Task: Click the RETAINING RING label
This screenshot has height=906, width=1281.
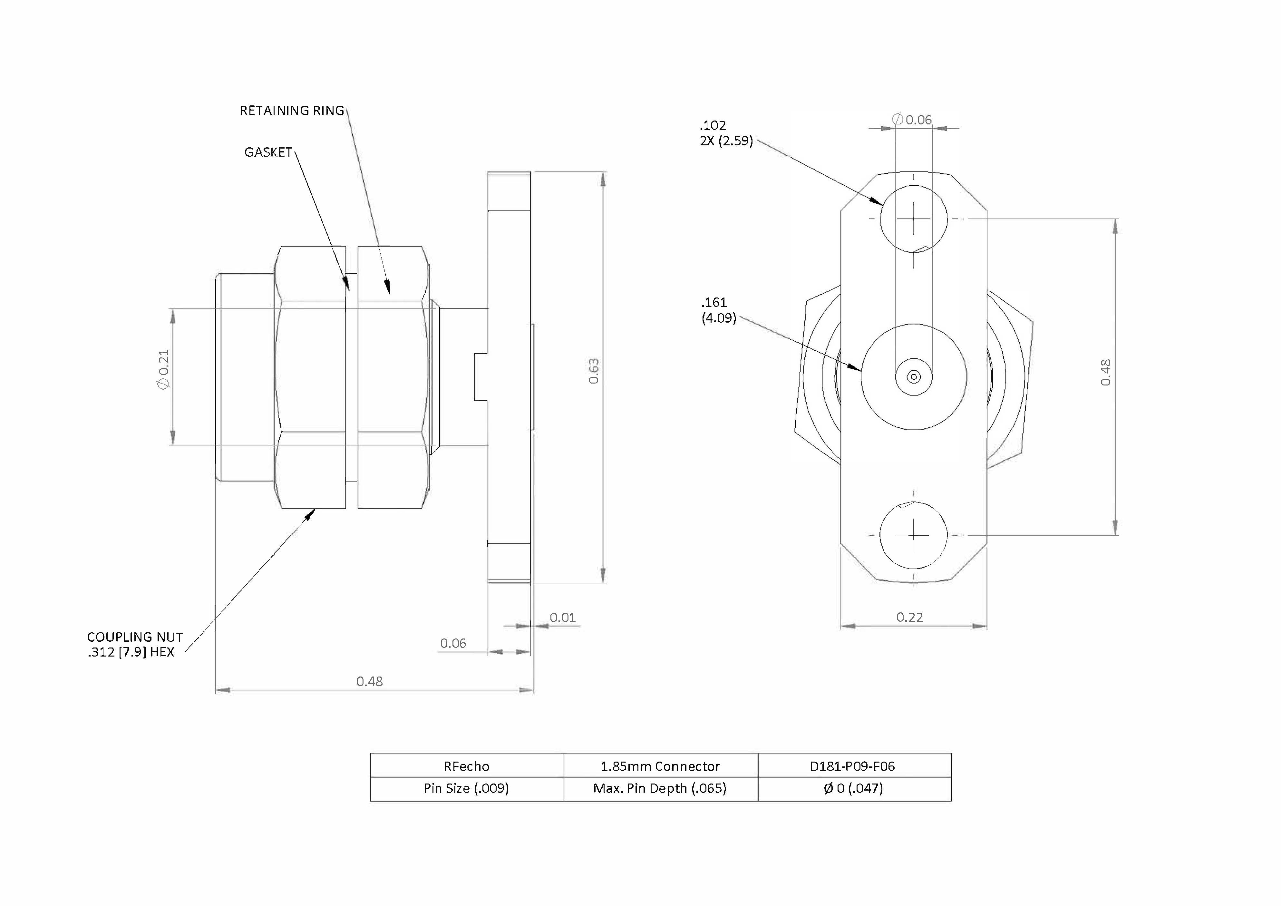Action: [292, 111]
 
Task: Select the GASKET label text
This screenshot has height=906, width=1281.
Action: [268, 152]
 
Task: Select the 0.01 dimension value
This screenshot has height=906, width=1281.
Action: [562, 618]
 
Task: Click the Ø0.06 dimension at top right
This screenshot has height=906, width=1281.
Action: [912, 119]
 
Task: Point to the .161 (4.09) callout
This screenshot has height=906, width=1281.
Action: [719, 310]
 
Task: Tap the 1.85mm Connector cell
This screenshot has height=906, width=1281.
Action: [661, 766]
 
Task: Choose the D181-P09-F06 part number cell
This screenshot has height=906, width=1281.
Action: [854, 766]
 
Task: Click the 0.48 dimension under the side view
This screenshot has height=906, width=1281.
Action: [369, 681]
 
